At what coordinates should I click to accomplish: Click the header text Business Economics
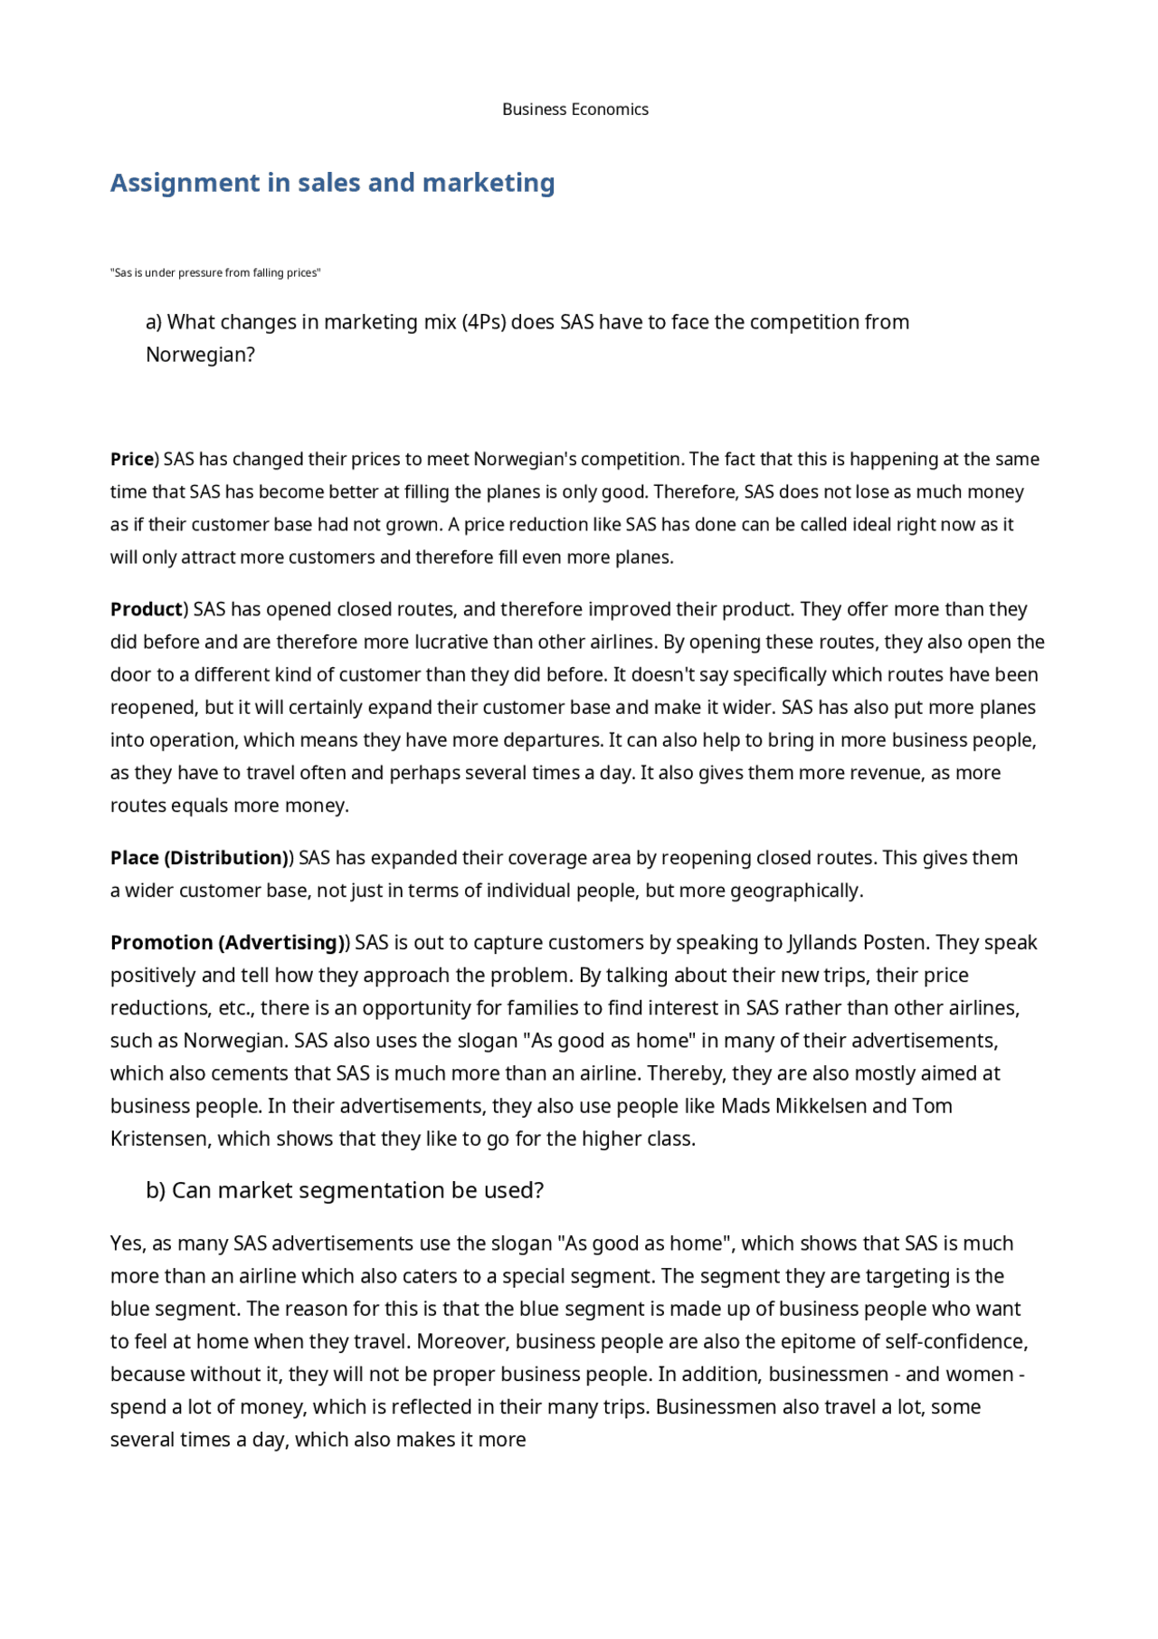pyautogui.click(x=575, y=110)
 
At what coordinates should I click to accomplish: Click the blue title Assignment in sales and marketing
pyautogui.click(x=332, y=183)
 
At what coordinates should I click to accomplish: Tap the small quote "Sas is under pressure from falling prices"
pyautogui.click(x=215, y=273)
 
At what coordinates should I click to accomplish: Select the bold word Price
pyautogui.click(x=132, y=460)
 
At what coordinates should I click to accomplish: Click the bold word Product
pyautogui.click(x=147, y=610)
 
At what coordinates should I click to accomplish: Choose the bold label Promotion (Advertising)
pyautogui.click(x=227, y=943)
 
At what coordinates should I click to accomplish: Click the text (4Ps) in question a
pyautogui.click(x=483, y=322)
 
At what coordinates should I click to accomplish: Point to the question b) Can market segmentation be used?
pyautogui.click(x=345, y=1191)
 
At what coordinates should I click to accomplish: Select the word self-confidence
pyautogui.click(x=956, y=1341)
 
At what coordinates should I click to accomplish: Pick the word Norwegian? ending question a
pyautogui.click(x=200, y=355)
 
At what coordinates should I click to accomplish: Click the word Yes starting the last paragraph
pyautogui.click(x=127, y=1244)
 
